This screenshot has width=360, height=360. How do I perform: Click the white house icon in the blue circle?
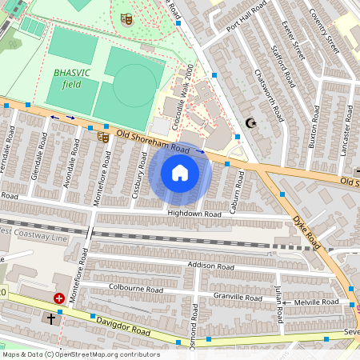click(180, 173)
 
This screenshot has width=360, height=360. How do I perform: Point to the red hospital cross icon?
click(59, 298)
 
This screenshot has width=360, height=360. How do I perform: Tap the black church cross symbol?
click(51, 318)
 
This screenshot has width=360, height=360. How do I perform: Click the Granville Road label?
click(238, 297)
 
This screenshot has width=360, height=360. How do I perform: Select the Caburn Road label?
click(237, 193)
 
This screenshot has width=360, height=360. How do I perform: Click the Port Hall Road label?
click(246, 22)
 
